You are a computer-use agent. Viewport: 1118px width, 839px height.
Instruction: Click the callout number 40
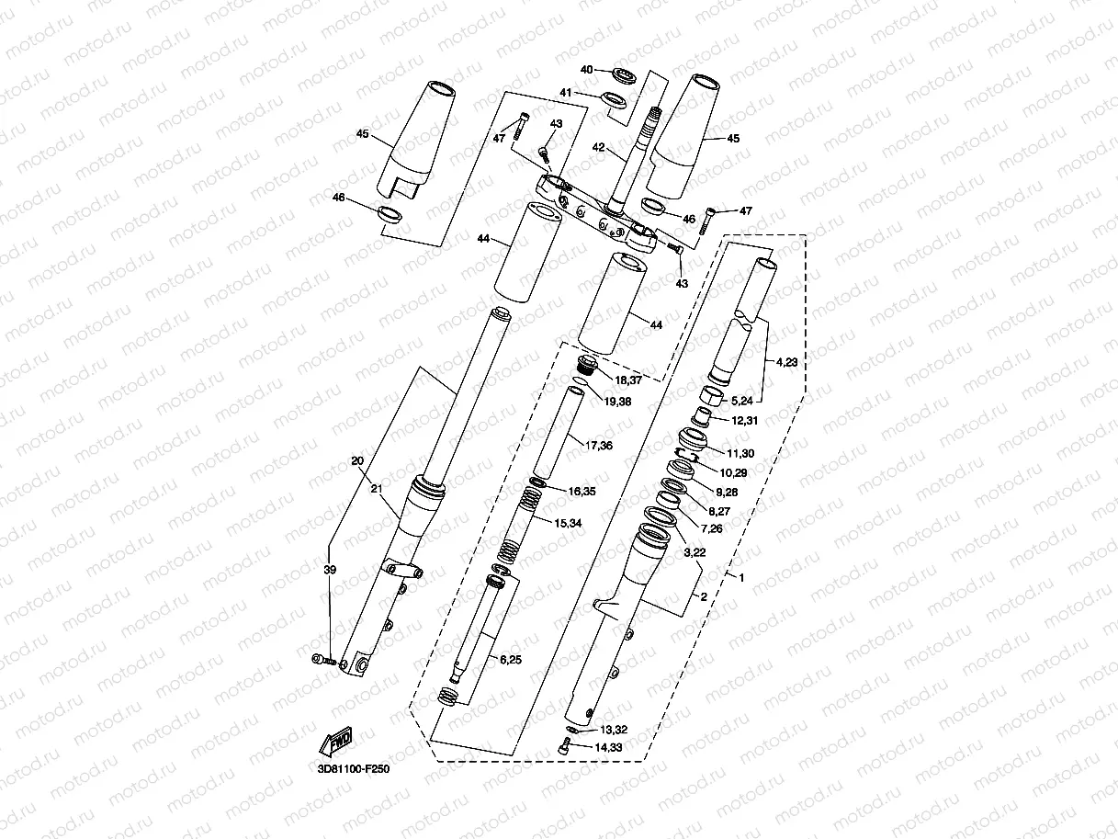pyautogui.click(x=588, y=70)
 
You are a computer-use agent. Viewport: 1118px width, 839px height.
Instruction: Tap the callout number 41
pyautogui.click(x=566, y=93)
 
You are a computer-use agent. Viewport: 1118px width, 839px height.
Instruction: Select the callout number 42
pyautogui.click(x=597, y=147)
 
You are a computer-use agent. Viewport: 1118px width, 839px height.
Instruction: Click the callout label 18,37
pyautogui.click(x=629, y=380)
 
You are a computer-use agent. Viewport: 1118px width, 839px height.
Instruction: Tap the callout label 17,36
pyautogui.click(x=599, y=446)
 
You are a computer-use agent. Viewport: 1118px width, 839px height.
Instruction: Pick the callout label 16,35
pyautogui.click(x=582, y=492)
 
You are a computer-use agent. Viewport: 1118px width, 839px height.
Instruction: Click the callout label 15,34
pyautogui.click(x=568, y=523)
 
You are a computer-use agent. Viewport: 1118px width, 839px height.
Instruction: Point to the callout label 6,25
pyautogui.click(x=513, y=659)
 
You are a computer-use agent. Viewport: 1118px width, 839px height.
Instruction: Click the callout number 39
pyautogui.click(x=330, y=570)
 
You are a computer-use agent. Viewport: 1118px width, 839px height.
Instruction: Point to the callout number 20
pyautogui.click(x=357, y=460)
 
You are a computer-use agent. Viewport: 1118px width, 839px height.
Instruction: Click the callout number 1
pyautogui.click(x=741, y=576)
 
